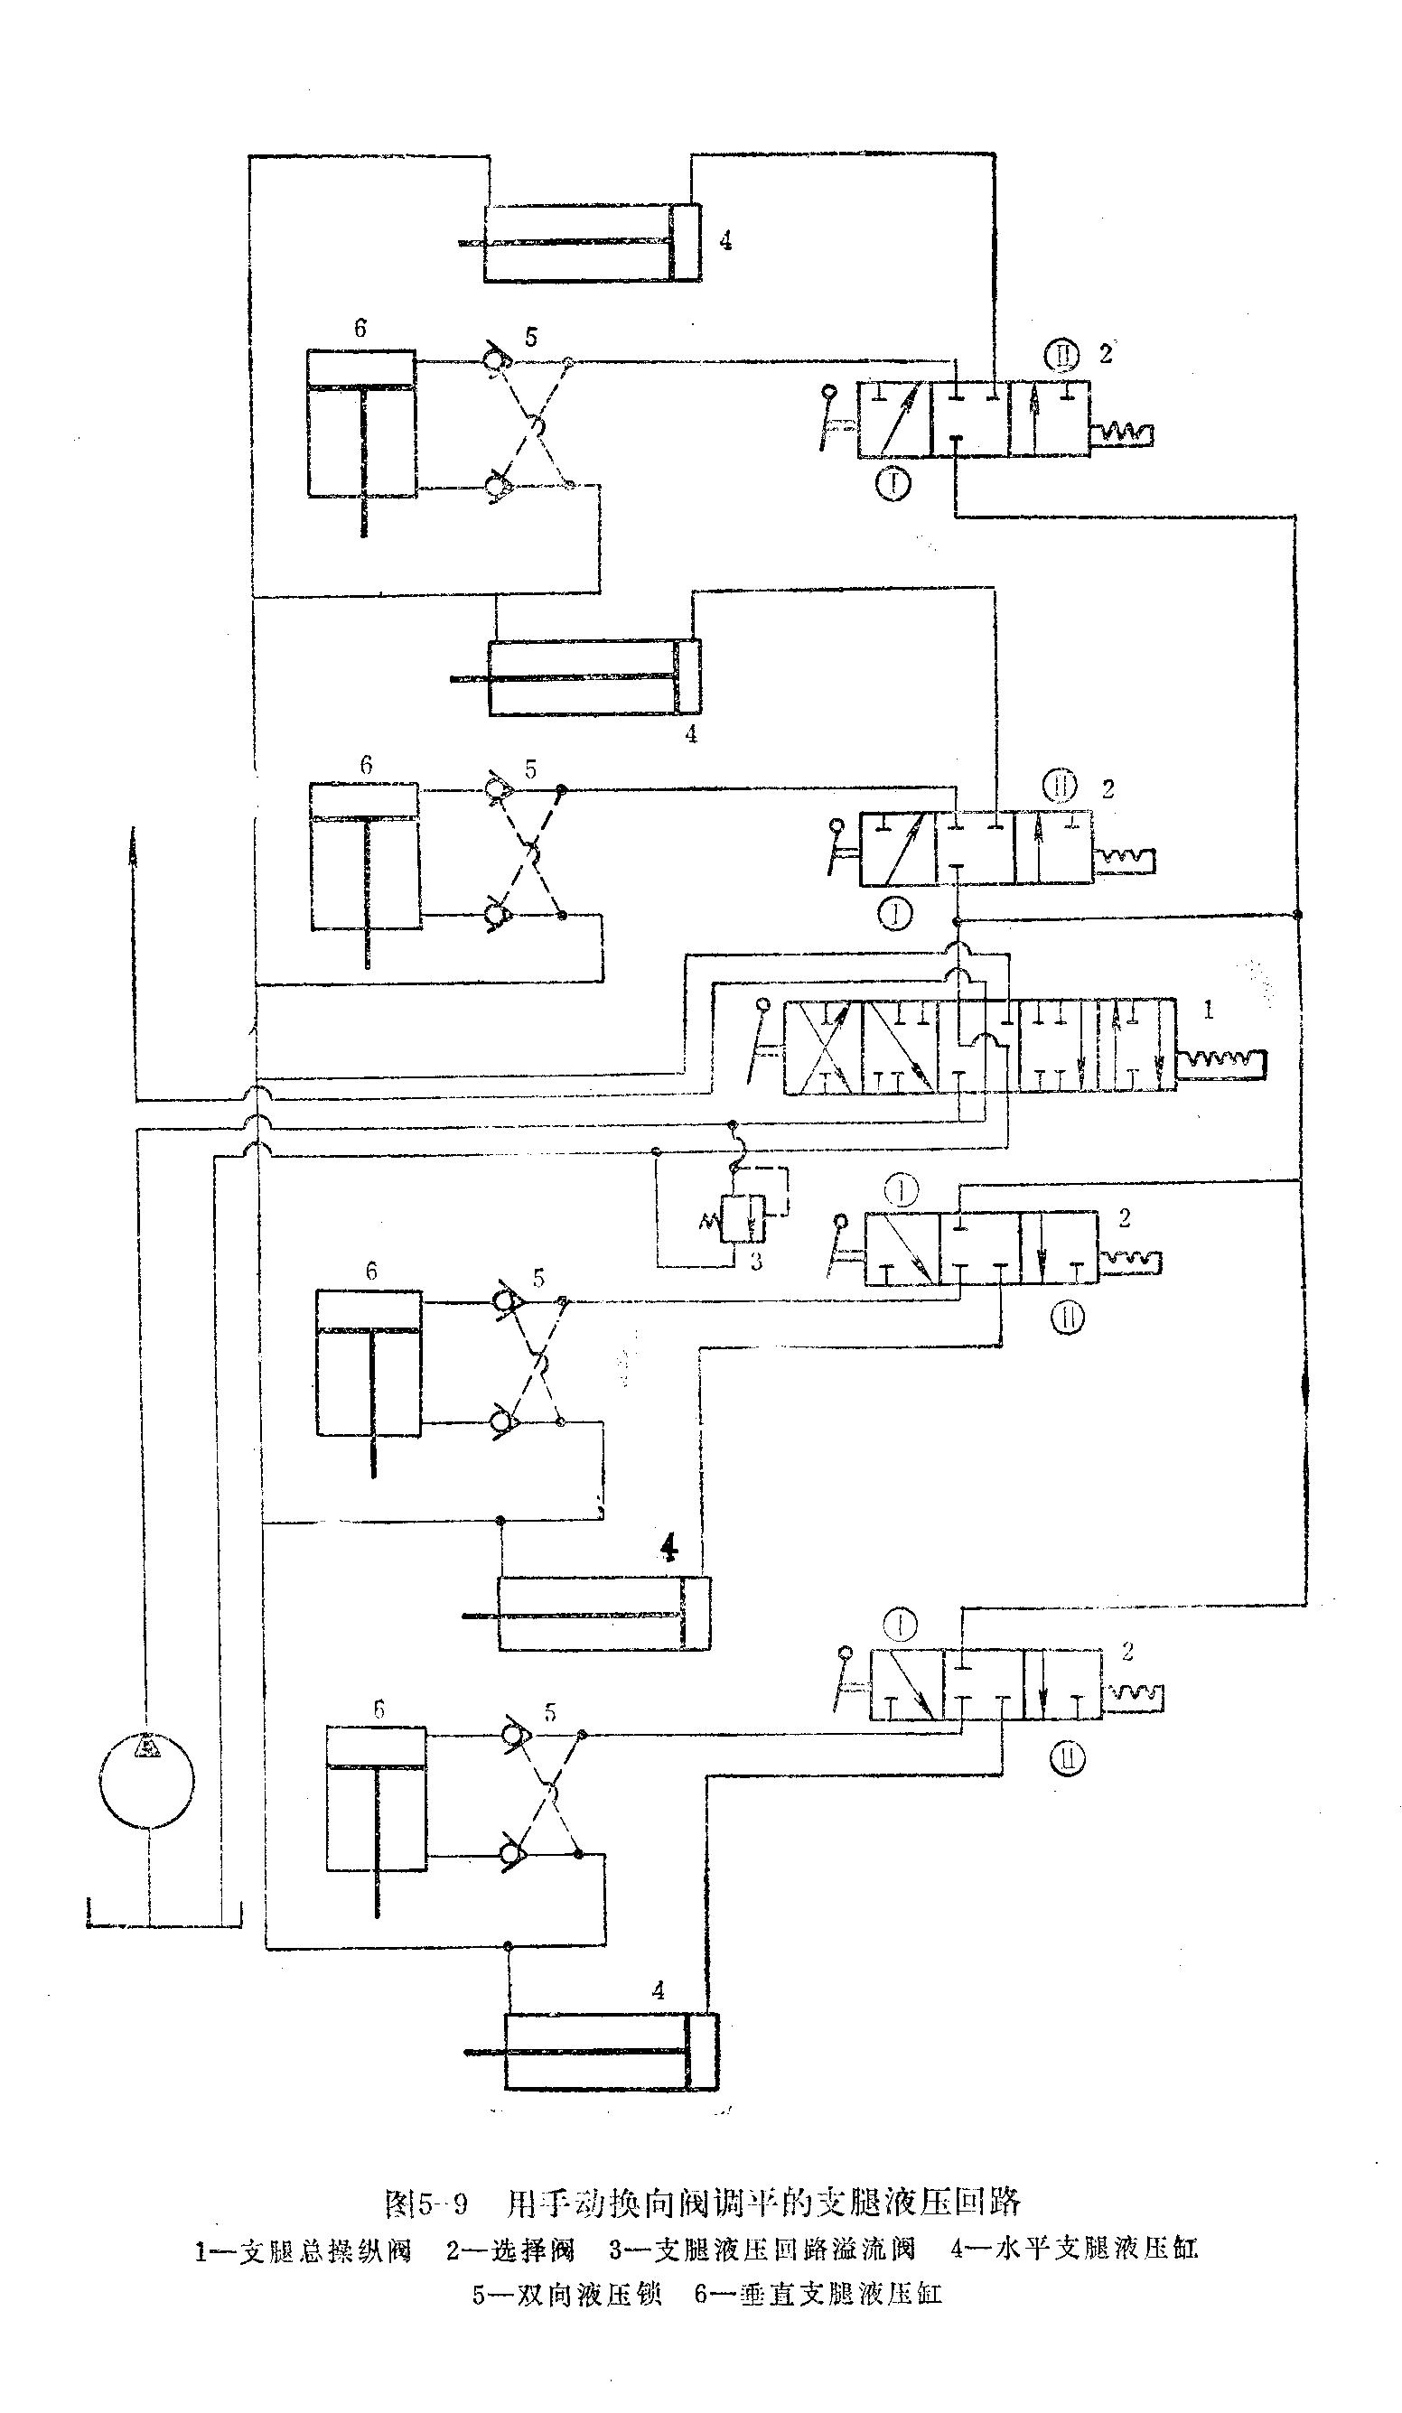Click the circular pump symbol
(x=146, y=1780)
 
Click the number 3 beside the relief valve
(x=756, y=1262)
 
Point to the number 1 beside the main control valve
(x=1209, y=1011)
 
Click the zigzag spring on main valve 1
(x=1222, y=1060)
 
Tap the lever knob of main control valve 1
(x=763, y=1005)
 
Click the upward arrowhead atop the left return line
(x=132, y=836)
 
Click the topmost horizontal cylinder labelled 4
(x=592, y=243)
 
